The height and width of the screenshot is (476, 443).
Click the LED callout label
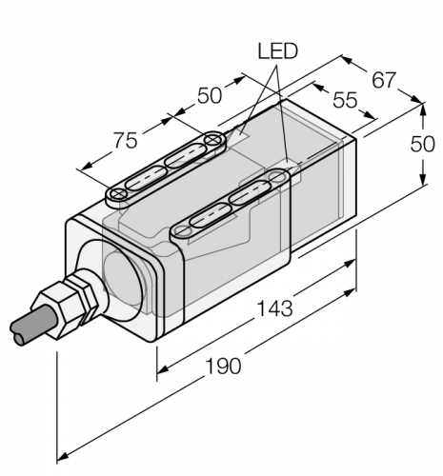click(278, 51)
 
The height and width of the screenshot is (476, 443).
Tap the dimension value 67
click(384, 80)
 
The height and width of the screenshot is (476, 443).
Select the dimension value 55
click(345, 100)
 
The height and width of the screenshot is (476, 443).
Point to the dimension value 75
click(126, 140)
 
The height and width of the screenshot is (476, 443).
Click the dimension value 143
click(274, 308)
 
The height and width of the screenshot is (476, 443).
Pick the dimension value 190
click(223, 366)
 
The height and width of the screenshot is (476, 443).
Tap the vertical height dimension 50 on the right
click(422, 144)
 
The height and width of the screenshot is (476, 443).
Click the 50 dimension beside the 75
click(210, 95)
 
